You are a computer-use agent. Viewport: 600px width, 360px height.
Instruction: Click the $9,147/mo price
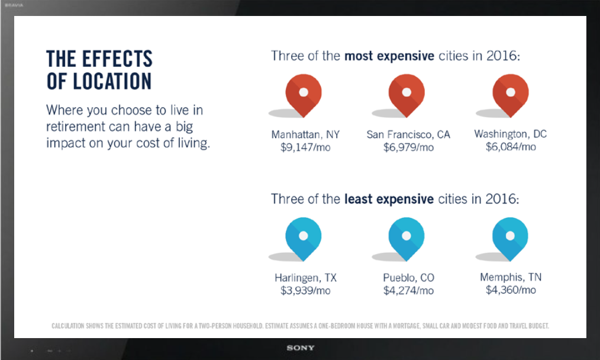click(x=305, y=147)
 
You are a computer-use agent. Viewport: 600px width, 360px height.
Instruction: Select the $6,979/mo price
click(x=408, y=147)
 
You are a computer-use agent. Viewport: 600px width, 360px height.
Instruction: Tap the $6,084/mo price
click(x=511, y=147)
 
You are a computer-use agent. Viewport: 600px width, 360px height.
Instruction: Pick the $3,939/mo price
click(x=305, y=291)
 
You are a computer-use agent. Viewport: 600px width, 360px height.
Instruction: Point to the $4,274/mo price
click(x=408, y=291)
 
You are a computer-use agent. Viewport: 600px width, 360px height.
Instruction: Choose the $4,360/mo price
click(x=511, y=290)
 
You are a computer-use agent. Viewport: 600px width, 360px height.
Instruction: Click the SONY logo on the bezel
click(x=301, y=348)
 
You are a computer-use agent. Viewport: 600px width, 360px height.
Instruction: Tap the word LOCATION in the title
click(x=112, y=81)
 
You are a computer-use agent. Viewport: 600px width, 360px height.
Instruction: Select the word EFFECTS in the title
click(x=117, y=59)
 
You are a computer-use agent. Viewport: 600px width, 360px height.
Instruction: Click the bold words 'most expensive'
click(x=389, y=56)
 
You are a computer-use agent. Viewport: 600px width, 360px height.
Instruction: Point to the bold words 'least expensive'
click(x=389, y=199)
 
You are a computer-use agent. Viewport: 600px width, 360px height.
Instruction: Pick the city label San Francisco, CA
click(x=408, y=134)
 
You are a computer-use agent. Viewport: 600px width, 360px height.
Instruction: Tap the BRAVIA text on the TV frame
click(x=14, y=5)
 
